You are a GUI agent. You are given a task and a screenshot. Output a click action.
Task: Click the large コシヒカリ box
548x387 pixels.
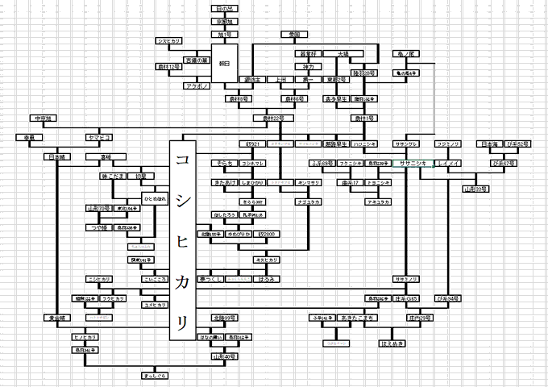click(x=184, y=239)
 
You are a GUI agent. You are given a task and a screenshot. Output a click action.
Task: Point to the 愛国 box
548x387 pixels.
click(x=294, y=35)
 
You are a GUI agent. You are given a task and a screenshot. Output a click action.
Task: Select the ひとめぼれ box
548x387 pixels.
click(x=155, y=198)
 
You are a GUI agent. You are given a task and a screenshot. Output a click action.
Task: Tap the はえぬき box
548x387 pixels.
click(x=392, y=343)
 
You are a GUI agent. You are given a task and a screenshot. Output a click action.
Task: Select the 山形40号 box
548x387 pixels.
click(x=222, y=356)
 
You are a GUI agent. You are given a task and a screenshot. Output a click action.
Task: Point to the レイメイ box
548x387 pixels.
click(x=448, y=163)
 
